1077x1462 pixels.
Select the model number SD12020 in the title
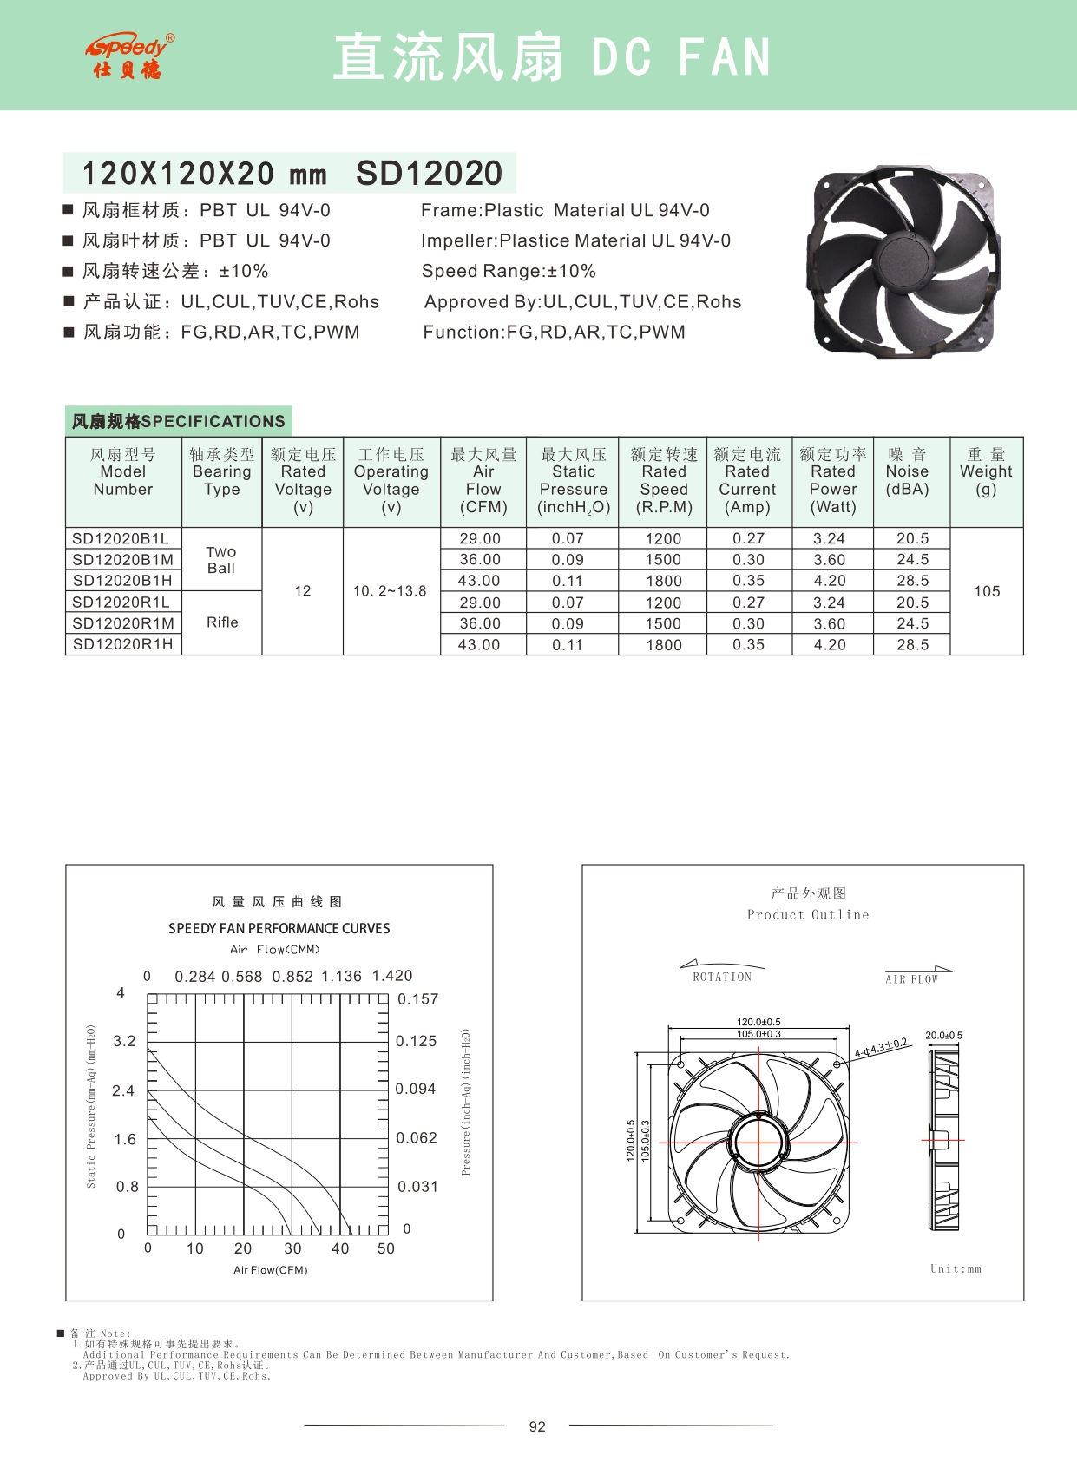click(429, 174)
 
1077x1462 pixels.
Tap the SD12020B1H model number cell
click(122, 581)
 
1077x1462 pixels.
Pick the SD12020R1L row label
click(121, 602)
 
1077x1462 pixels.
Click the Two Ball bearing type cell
click(221, 560)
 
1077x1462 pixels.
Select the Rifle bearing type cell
click(222, 622)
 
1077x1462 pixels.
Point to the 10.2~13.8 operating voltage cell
click(390, 591)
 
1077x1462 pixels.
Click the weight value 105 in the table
click(987, 591)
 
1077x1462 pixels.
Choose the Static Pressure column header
click(574, 481)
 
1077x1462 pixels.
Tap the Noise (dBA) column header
click(907, 471)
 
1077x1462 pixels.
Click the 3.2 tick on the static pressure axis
click(125, 1041)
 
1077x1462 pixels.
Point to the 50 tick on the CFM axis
click(386, 1248)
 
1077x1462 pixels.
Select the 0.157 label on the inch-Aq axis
click(417, 999)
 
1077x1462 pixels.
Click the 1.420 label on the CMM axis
click(392, 976)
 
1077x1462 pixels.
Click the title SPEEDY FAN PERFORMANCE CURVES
click(279, 928)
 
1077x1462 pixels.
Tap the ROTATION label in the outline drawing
click(722, 977)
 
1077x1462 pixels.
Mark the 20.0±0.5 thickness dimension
click(943, 1035)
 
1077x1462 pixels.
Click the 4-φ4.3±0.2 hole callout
click(881, 1048)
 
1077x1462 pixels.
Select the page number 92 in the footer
click(537, 1426)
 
